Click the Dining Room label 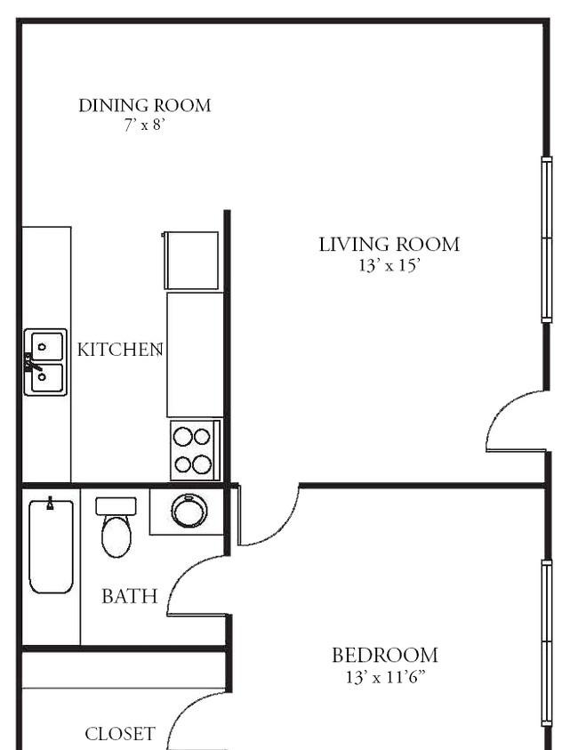click(x=144, y=106)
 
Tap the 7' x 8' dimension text click(x=144, y=125)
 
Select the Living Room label click(x=389, y=245)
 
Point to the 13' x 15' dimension click(x=389, y=265)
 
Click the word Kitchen click(x=120, y=350)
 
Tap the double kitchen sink click(x=45, y=362)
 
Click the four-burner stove click(x=195, y=450)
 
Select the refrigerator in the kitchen click(x=191, y=260)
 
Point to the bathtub click(x=52, y=546)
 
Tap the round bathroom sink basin click(x=189, y=511)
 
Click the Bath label click(x=130, y=596)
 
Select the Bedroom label click(x=385, y=656)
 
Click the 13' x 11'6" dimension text click(x=385, y=677)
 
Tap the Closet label click(x=120, y=734)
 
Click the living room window click(x=547, y=239)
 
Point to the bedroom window click(x=547, y=642)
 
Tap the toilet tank click(x=116, y=506)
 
